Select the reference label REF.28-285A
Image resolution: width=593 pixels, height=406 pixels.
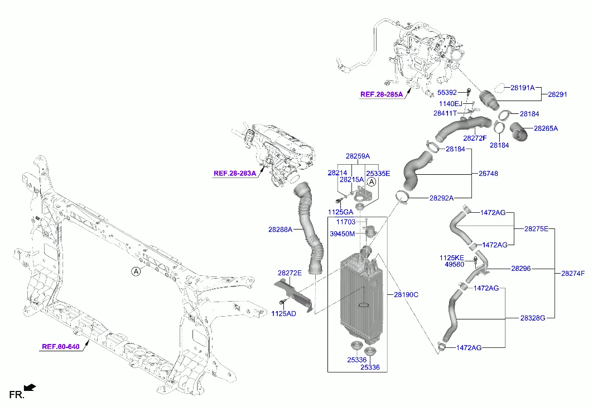[x=381, y=95]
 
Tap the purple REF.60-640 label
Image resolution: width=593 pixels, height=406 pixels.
[x=61, y=347]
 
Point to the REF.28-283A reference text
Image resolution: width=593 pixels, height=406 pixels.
[x=234, y=174]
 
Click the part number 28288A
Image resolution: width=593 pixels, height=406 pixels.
[x=280, y=230]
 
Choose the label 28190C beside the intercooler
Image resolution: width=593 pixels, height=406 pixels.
[x=406, y=294]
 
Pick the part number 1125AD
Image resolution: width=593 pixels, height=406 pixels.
[x=284, y=314]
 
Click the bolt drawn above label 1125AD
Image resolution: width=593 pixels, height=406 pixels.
[x=282, y=303]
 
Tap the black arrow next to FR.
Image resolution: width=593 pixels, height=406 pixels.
[x=31, y=386]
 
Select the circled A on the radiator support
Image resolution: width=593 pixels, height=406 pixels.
[x=136, y=272]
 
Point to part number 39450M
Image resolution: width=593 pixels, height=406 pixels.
[x=342, y=233]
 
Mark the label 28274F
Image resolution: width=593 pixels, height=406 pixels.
[x=573, y=273]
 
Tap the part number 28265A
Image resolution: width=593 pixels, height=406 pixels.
[x=546, y=128]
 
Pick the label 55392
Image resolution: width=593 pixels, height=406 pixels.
[x=447, y=93]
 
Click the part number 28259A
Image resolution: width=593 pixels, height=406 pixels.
[x=358, y=156]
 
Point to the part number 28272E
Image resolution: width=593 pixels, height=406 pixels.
[x=290, y=273]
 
